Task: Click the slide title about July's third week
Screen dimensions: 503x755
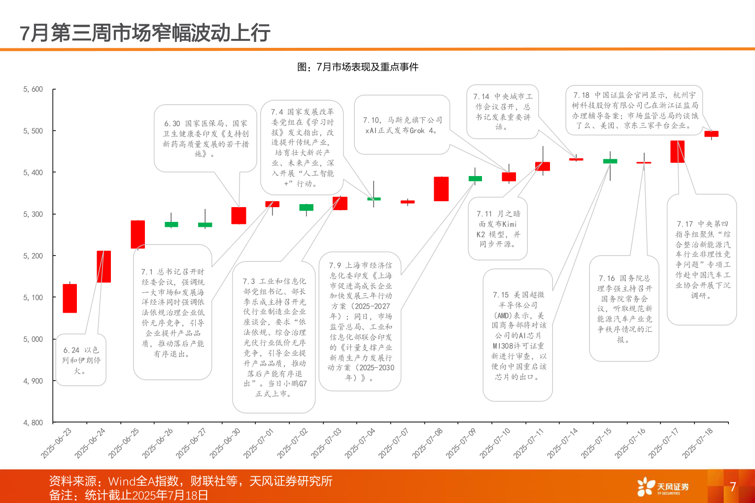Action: click(145, 33)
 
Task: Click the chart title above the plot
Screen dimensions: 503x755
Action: click(358, 67)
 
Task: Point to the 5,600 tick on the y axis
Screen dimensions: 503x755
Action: click(33, 89)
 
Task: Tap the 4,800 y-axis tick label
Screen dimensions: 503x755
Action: click(33, 423)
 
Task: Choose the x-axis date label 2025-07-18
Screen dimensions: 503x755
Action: click(698, 443)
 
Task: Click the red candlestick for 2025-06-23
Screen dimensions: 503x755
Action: click(70, 298)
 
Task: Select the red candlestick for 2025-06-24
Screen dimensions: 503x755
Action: click(103, 266)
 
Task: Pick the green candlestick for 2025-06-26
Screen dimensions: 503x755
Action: click(171, 224)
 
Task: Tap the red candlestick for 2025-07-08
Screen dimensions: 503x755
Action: click(441, 189)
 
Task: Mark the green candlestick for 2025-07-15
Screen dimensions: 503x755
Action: click(610, 161)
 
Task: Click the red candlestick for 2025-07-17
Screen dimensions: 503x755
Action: click(678, 151)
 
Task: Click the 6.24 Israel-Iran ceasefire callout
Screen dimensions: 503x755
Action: click(81, 360)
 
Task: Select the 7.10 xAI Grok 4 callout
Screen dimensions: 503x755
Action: click(402, 125)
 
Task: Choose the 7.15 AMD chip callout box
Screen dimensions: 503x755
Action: click(517, 335)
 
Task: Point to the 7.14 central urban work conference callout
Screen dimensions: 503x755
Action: click(502, 111)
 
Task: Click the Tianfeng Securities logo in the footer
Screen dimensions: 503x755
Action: click(662, 487)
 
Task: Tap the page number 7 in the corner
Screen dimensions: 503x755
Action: click(733, 487)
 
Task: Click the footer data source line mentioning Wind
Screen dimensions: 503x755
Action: click(190, 481)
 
